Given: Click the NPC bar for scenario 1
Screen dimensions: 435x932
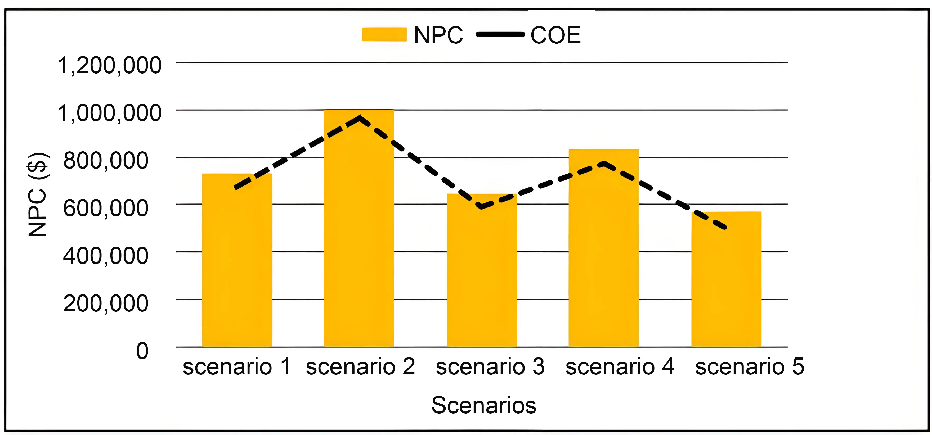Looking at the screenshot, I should tap(237, 260).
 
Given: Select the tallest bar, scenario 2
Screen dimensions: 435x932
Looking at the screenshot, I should tap(359, 232).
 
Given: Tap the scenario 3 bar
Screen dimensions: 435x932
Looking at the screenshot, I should tap(482, 275).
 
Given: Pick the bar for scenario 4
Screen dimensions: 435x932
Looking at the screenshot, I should tap(603, 250).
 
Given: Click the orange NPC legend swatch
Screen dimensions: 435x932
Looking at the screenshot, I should tap(384, 35).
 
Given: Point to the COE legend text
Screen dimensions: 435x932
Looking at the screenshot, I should tap(555, 35).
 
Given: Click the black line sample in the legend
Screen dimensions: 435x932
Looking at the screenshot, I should tap(500, 35).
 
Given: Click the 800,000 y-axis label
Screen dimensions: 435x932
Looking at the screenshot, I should tap(106, 161).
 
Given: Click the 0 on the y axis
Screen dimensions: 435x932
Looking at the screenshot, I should tap(142, 351).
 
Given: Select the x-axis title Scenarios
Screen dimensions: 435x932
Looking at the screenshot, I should tap(484, 405).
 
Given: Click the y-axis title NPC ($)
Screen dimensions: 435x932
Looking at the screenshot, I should tap(37, 194).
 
